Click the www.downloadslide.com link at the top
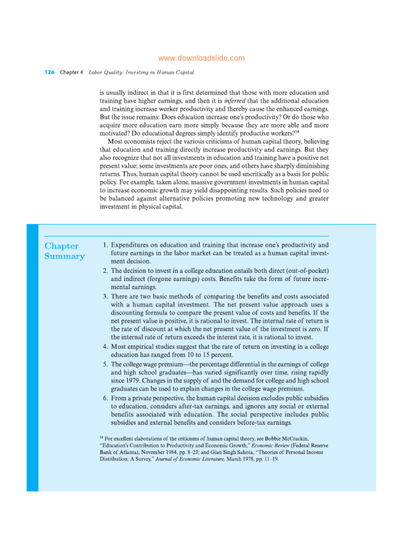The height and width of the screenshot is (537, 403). (x=201, y=58)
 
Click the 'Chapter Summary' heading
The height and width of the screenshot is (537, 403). (x=64, y=251)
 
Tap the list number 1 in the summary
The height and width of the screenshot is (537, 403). (x=105, y=245)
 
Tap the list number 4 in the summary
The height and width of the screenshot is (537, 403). (x=105, y=347)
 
